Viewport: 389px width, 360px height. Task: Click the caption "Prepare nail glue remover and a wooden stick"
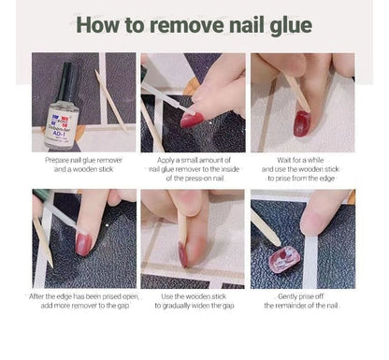(84, 166)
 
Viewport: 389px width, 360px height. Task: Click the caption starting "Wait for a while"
(303, 170)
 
